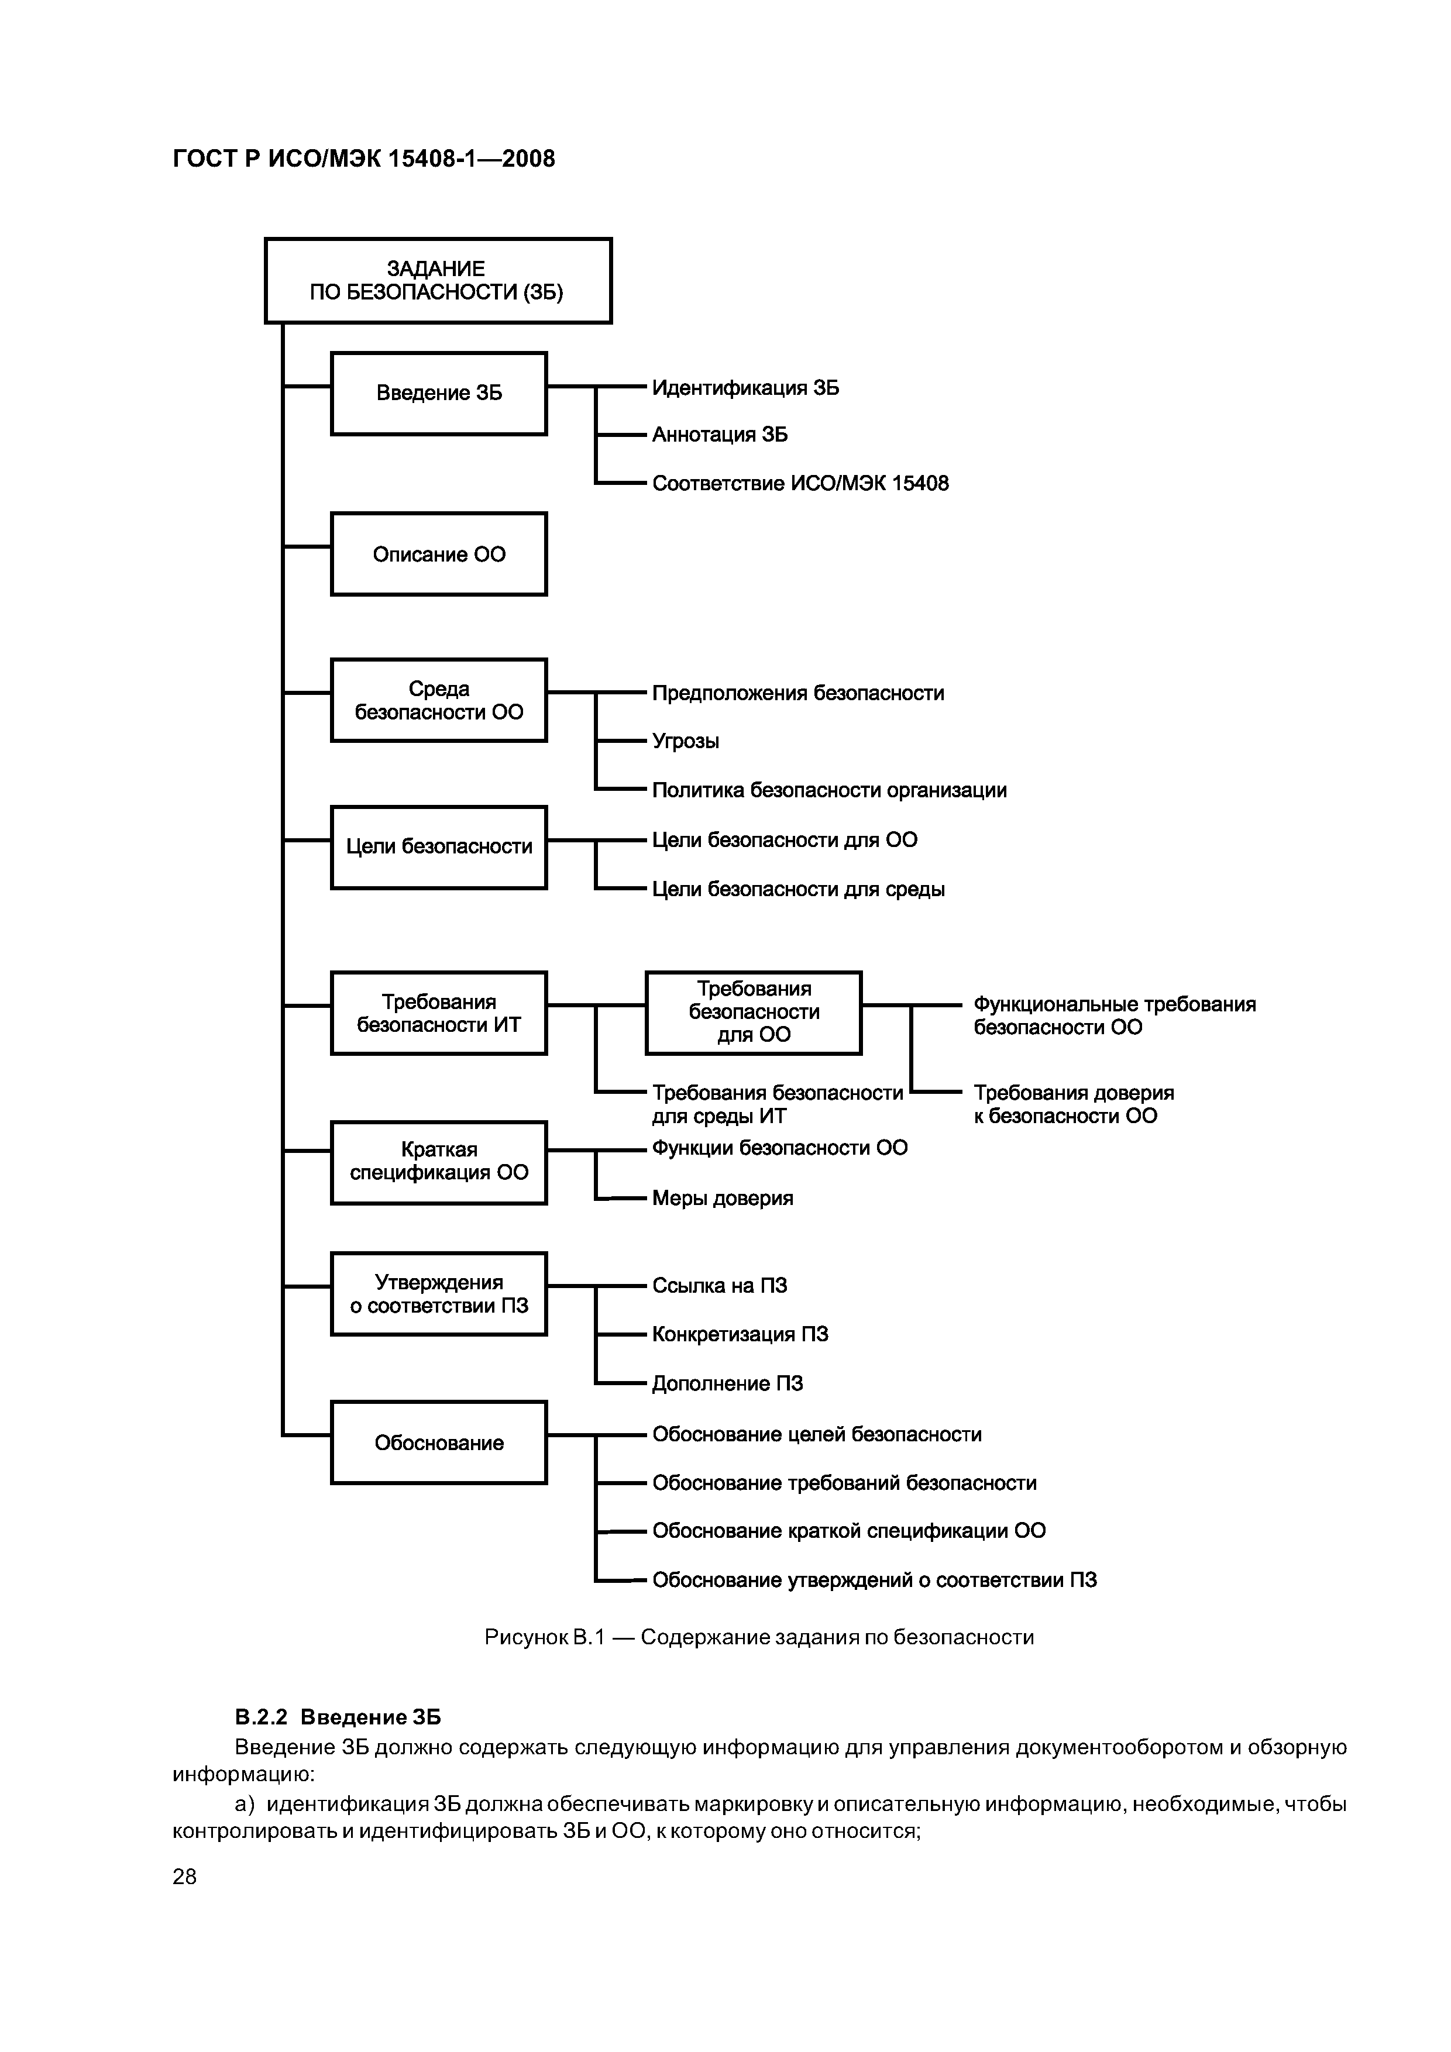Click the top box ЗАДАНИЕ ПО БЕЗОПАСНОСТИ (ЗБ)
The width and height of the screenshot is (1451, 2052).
(438, 281)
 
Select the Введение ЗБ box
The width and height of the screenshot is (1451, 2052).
(438, 393)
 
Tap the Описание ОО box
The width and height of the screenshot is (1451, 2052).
(438, 554)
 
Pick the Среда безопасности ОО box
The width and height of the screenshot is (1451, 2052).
(438, 701)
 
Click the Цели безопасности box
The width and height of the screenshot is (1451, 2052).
(438, 847)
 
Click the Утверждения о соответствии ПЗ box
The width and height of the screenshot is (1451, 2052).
(438, 1294)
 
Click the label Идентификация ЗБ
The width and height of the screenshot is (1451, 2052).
(745, 388)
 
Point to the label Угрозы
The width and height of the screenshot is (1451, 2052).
(685, 741)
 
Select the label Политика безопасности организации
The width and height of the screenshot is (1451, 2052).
(828, 790)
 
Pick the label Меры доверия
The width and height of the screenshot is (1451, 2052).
(723, 1197)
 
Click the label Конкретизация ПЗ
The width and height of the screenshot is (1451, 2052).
(740, 1334)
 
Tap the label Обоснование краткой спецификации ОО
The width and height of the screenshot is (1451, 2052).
(848, 1531)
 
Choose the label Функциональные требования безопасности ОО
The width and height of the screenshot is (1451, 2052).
(1114, 1015)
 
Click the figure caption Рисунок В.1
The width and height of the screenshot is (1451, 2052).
(758, 1637)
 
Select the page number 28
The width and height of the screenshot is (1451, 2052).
(184, 1877)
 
